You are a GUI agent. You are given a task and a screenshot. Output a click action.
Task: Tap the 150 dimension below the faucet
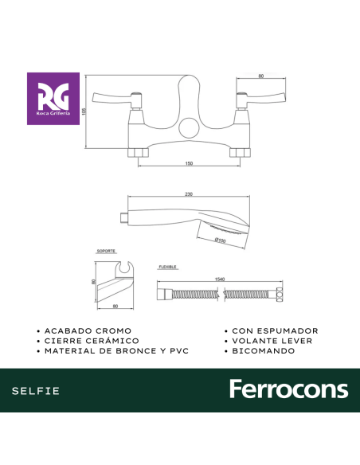point(190,163)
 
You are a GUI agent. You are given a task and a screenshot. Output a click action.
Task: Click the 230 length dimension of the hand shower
point(189,194)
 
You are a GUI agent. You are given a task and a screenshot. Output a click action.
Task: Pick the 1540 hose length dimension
point(219,279)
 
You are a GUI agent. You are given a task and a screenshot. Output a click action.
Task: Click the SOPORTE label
point(105,250)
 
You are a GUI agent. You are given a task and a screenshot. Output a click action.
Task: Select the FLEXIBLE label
point(167,268)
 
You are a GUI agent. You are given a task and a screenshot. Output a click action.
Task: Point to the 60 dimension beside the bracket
point(92,281)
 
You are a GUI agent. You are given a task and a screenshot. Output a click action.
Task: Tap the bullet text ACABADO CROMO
point(88,330)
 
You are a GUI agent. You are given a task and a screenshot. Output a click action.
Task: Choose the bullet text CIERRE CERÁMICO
point(92,340)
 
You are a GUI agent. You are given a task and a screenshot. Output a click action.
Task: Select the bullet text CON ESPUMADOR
point(275,330)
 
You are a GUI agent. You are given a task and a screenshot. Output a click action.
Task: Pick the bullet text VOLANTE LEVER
point(272,340)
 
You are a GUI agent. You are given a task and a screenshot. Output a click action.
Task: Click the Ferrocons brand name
point(288,389)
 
